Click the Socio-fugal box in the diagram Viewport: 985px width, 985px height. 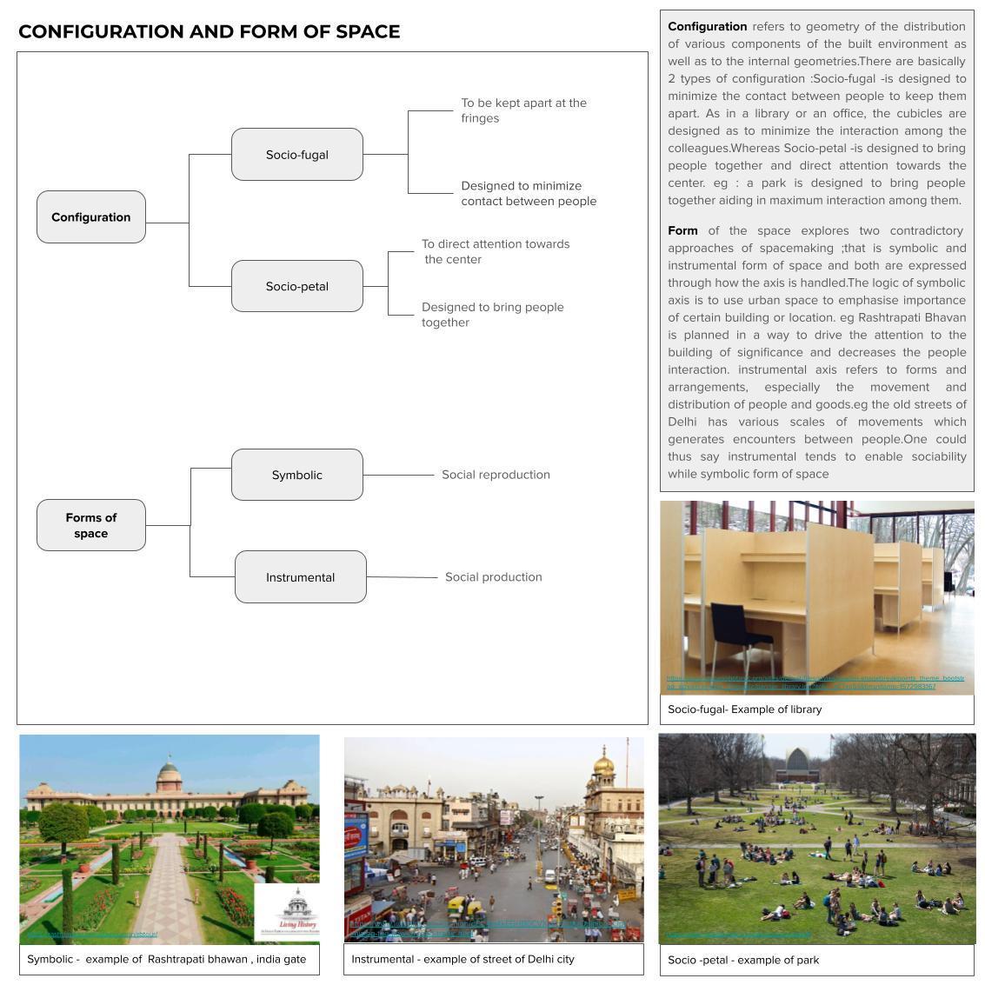pos(296,155)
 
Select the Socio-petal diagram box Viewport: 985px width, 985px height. pos(296,286)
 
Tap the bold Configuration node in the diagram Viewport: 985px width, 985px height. pos(90,217)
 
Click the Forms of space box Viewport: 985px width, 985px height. pos(90,525)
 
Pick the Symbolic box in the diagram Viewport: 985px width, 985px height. pos(296,475)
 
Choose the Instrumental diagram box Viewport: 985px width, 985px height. pos(300,577)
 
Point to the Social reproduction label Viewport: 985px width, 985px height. pos(496,475)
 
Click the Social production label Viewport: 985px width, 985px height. pos(493,577)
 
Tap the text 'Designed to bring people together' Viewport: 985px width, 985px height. pos(492,315)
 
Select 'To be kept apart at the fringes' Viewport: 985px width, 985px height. pos(523,110)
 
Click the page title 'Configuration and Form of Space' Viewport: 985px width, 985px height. pos(209,32)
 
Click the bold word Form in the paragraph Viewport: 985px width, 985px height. pos(682,230)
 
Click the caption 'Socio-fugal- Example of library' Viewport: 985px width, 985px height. pos(744,709)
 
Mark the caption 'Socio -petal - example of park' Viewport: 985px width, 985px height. pos(743,960)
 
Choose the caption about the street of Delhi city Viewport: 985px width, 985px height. pos(463,959)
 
